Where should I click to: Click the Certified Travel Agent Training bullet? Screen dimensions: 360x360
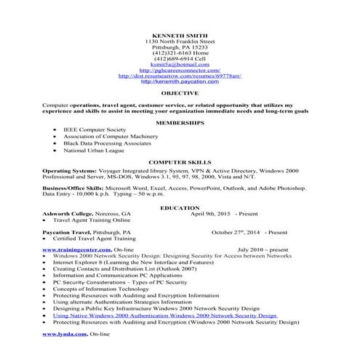(101, 239)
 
